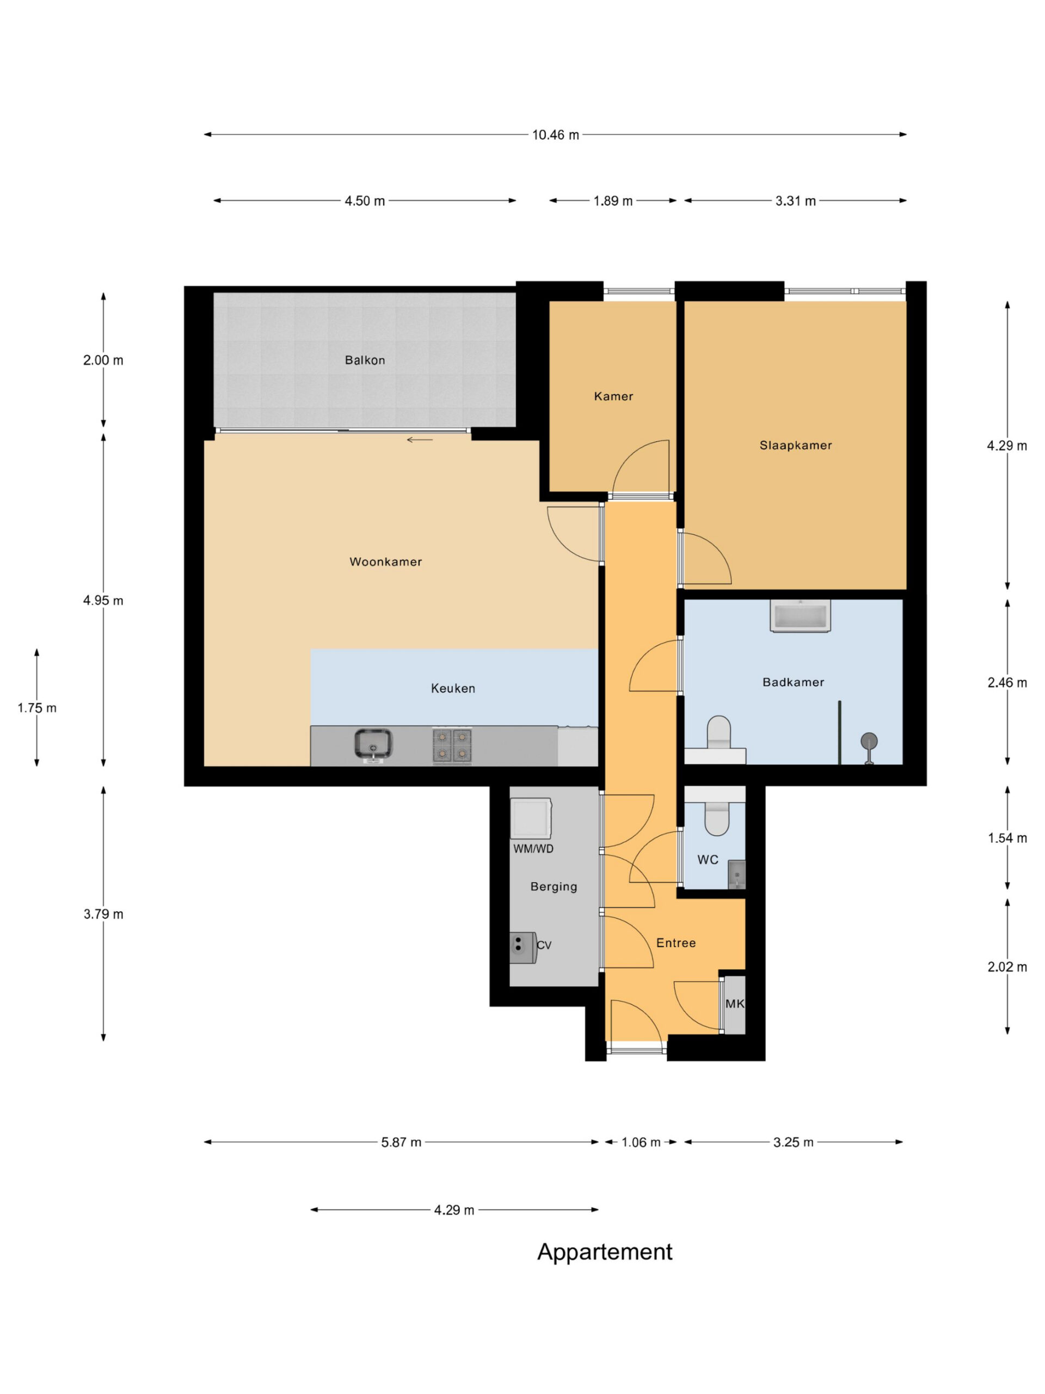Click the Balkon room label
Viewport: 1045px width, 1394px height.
tap(364, 360)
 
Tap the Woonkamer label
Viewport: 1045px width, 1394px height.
tap(385, 561)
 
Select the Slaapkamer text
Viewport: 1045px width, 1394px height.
tap(796, 445)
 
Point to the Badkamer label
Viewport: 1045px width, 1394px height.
tap(793, 682)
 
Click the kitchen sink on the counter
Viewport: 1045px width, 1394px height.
tap(373, 744)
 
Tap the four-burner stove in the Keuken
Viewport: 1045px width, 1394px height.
tap(452, 745)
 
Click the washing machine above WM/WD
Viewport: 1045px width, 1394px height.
tap(531, 817)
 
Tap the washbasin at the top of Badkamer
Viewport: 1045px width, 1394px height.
tap(800, 616)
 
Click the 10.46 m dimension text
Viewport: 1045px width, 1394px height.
tap(555, 135)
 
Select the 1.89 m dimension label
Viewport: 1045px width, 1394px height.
tap(612, 201)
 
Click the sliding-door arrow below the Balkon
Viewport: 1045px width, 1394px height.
tap(420, 439)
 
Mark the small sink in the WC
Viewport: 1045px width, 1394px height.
tap(736, 874)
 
